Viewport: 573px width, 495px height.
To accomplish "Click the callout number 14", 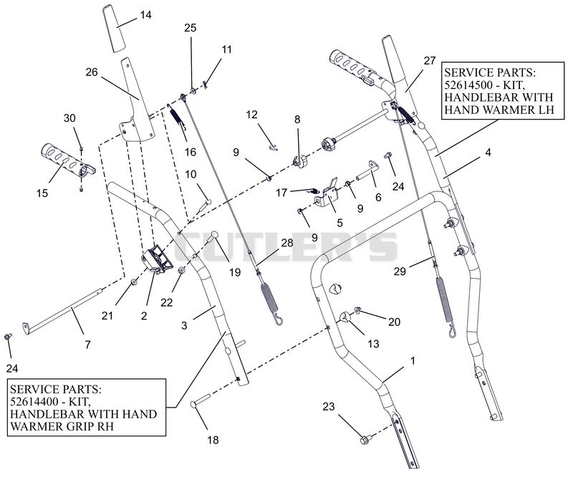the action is [145, 15].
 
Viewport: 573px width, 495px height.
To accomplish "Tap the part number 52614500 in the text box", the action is [471, 85].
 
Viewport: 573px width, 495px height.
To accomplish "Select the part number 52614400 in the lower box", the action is [34, 401].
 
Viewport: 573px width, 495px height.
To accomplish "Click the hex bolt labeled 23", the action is [366, 439].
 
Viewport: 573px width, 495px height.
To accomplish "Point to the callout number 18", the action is [213, 440].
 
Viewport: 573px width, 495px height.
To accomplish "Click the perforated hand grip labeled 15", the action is [68, 162].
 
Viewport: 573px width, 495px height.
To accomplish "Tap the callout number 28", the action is [287, 243].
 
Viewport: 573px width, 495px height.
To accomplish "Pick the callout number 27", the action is [430, 61].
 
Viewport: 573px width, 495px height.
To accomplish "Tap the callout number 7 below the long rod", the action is [87, 345].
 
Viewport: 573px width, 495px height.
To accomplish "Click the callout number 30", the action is [69, 118].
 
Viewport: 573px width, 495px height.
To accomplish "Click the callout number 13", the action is [373, 344].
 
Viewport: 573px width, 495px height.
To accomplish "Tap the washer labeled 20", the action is [357, 311].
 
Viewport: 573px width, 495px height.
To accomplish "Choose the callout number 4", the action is [488, 153].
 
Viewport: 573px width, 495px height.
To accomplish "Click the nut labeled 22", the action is [181, 270].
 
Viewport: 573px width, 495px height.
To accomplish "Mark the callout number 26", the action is [92, 72].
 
